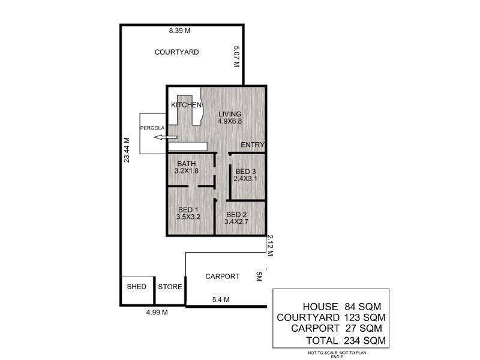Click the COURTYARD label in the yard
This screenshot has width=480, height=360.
click(x=176, y=52)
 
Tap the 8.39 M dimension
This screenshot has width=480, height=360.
click(x=179, y=31)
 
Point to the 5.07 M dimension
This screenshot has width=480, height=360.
click(x=236, y=56)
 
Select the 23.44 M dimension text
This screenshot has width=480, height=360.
click(x=127, y=150)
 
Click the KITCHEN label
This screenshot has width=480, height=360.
click(x=186, y=105)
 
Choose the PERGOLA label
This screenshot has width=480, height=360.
click(x=152, y=128)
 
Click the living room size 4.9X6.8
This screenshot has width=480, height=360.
click(x=230, y=121)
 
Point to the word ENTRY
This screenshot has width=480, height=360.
click(x=252, y=145)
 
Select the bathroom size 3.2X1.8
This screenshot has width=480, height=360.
click(x=187, y=171)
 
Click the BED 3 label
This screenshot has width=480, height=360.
click(x=245, y=172)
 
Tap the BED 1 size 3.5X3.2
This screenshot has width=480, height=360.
click(x=188, y=217)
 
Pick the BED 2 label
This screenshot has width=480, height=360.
click(x=236, y=215)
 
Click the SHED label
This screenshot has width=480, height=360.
click(x=137, y=287)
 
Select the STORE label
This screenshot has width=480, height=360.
click(x=170, y=287)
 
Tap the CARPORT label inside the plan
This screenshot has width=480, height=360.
click(x=222, y=277)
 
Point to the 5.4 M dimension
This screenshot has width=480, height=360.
click(x=221, y=299)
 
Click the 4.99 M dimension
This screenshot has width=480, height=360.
click(x=157, y=313)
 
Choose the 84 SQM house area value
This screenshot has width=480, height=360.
click(x=363, y=307)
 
